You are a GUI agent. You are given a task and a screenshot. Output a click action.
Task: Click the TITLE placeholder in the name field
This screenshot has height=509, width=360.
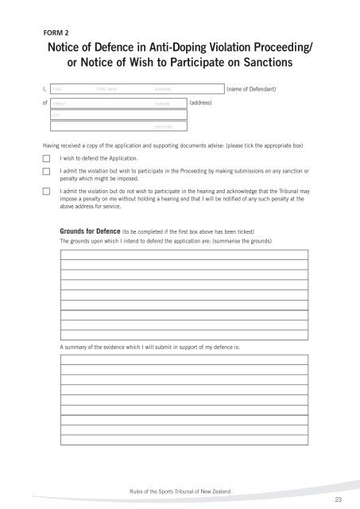tap(57, 90)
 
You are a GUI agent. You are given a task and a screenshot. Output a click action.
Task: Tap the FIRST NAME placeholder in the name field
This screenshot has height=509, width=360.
tap(106, 90)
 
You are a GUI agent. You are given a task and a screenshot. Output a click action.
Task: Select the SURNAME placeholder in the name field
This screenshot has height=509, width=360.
tap(165, 90)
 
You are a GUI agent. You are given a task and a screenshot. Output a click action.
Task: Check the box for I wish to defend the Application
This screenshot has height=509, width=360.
tap(46, 159)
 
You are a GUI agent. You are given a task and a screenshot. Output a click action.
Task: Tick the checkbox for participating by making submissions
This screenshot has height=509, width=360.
tap(46, 172)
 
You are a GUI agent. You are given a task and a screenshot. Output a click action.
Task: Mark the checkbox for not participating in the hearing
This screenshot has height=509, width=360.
tap(46, 191)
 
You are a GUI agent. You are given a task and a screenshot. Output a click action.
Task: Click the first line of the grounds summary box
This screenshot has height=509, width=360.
tap(184, 254)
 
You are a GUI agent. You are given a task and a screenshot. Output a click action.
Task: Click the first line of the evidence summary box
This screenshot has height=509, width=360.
tap(184, 359)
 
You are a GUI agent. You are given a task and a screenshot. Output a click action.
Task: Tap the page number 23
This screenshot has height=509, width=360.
tap(339, 499)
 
